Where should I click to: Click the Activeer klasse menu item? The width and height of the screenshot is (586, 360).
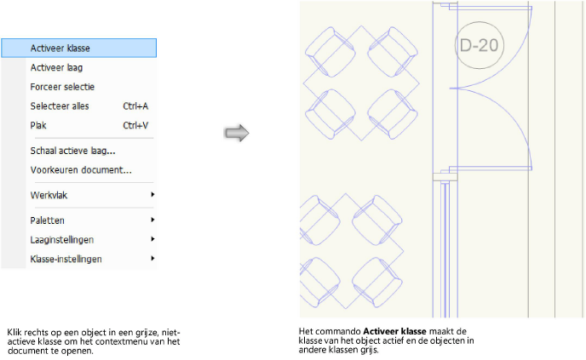[x=60, y=49]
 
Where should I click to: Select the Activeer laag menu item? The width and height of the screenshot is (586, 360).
[x=55, y=67]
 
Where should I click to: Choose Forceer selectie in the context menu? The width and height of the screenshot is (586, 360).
[x=61, y=87]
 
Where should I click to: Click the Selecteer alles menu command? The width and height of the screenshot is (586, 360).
[x=59, y=106]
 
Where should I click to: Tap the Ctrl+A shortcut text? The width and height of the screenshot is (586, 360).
[x=135, y=106]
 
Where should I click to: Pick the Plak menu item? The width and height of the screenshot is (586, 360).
[x=38, y=125]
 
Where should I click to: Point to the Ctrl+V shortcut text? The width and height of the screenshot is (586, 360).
[x=135, y=125]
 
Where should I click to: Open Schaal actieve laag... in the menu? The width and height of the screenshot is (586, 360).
[x=72, y=151]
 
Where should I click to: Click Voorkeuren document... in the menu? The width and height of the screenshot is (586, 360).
[x=80, y=169]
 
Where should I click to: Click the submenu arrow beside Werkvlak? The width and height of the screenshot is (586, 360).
[x=152, y=195]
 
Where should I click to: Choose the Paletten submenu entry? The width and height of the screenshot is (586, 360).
[x=48, y=220]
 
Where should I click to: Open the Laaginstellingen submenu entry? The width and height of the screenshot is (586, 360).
[x=61, y=239]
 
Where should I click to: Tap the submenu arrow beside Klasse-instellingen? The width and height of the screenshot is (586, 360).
[x=152, y=258]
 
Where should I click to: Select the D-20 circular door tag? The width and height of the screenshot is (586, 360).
[x=478, y=45]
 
